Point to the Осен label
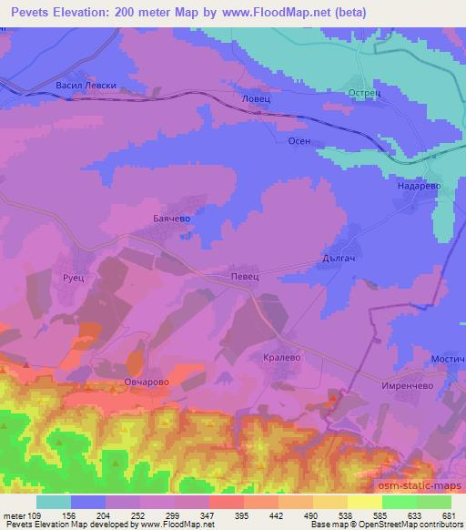[x=299, y=140]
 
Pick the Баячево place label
[x=168, y=219]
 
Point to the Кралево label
[x=280, y=359]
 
